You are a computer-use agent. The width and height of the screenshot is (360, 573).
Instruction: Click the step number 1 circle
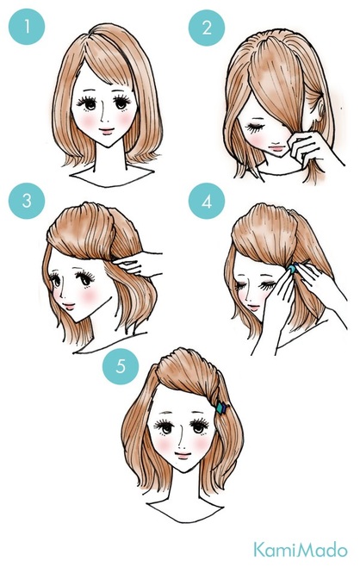pos(27,27)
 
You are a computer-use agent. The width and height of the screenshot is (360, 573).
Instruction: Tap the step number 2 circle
pos(207,28)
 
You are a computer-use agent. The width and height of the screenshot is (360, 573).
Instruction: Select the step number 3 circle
pos(27,201)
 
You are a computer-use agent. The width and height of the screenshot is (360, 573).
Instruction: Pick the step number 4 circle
pos(207,201)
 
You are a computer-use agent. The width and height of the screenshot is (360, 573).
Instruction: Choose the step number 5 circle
pos(121,366)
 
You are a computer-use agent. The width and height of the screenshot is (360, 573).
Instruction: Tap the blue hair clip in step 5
pos(221,408)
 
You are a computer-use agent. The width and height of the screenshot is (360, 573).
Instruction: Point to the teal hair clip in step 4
pos(292,269)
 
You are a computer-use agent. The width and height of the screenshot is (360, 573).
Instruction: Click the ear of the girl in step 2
pos(321,106)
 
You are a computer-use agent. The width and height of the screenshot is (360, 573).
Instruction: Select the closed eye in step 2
pos(254,128)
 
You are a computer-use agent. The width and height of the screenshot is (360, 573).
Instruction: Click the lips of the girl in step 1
pos(107,130)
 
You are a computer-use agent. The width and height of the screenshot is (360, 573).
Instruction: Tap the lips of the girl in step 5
pos(183,455)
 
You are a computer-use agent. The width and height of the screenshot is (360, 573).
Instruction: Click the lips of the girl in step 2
pos(277,148)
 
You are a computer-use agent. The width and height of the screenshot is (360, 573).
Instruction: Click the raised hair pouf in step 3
pos(82,230)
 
